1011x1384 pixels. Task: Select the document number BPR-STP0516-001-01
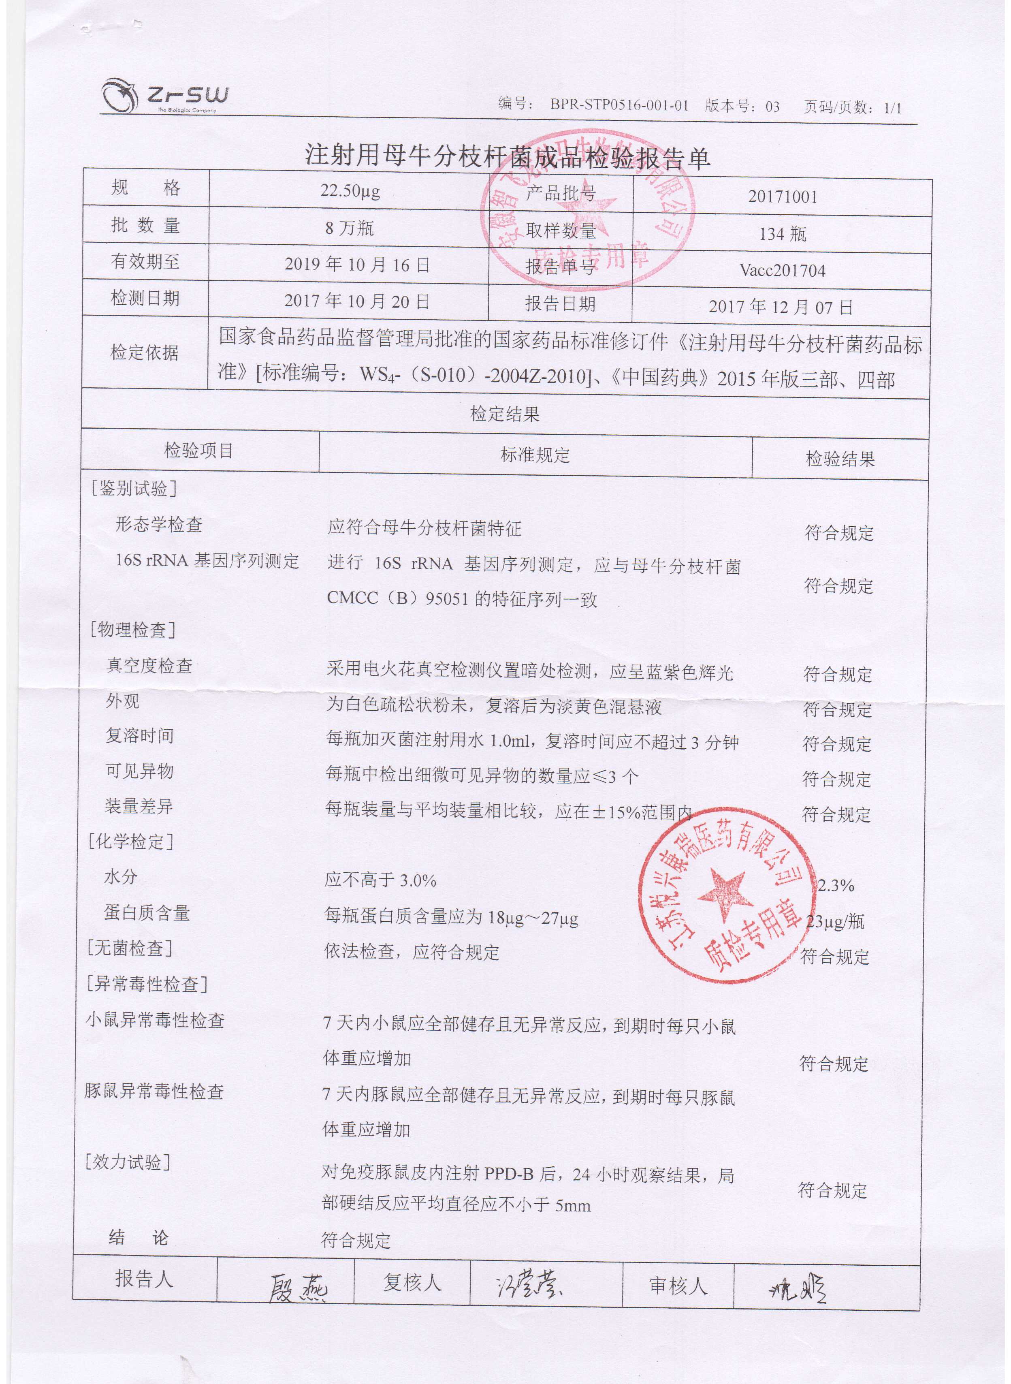(x=619, y=106)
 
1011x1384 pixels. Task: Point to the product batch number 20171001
(x=782, y=197)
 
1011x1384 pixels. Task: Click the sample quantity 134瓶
(x=782, y=234)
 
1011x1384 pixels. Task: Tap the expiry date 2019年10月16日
(x=357, y=265)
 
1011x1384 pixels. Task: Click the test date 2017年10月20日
(x=357, y=301)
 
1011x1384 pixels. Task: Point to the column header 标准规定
(x=535, y=455)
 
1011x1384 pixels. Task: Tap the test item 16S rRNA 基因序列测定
(x=207, y=561)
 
